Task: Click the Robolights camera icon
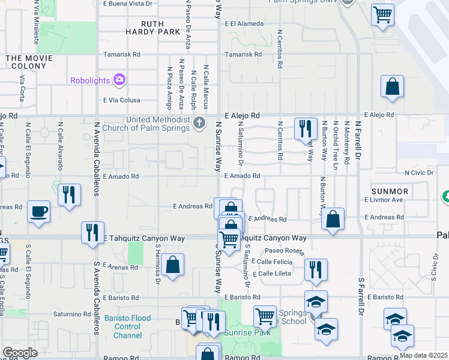[x=119, y=79]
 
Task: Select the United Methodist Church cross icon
[x=200, y=123]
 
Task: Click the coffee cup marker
[x=39, y=211]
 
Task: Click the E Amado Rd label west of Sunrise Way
[x=121, y=176]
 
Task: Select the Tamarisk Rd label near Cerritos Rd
[x=243, y=54]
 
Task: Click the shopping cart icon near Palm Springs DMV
[x=382, y=13]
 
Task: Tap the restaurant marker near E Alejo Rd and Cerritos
[x=305, y=128]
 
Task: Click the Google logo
[x=20, y=353]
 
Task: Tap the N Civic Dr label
[x=423, y=173]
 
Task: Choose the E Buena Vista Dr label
[x=127, y=4]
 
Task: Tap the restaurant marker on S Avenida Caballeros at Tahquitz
[x=92, y=232]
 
